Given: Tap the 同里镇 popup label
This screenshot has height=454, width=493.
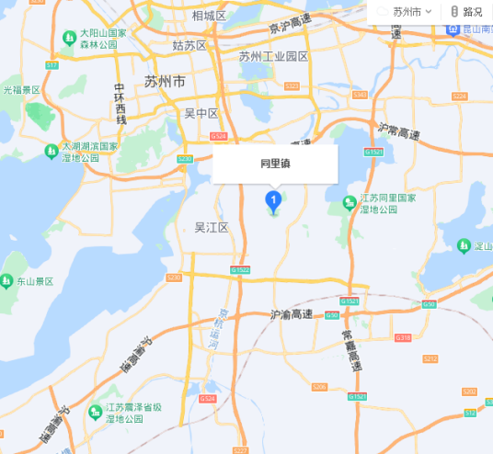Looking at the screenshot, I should point(274,164).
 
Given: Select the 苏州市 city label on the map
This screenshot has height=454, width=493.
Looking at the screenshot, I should point(165,82).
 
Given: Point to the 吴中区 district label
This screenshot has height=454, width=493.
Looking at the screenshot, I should point(201,113).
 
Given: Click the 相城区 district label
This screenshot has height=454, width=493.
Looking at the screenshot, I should point(209,16).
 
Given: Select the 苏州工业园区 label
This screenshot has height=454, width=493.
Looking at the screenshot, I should point(273,56).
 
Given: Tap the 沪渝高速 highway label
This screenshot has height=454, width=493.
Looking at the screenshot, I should point(292,313).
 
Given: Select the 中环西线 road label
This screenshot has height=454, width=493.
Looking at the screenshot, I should point(120,103).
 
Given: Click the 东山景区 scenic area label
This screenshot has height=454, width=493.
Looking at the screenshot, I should point(35,280).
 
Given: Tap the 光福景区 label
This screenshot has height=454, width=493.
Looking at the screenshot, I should point(21,90).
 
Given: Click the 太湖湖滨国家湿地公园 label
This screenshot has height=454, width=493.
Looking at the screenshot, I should point(89,152).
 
